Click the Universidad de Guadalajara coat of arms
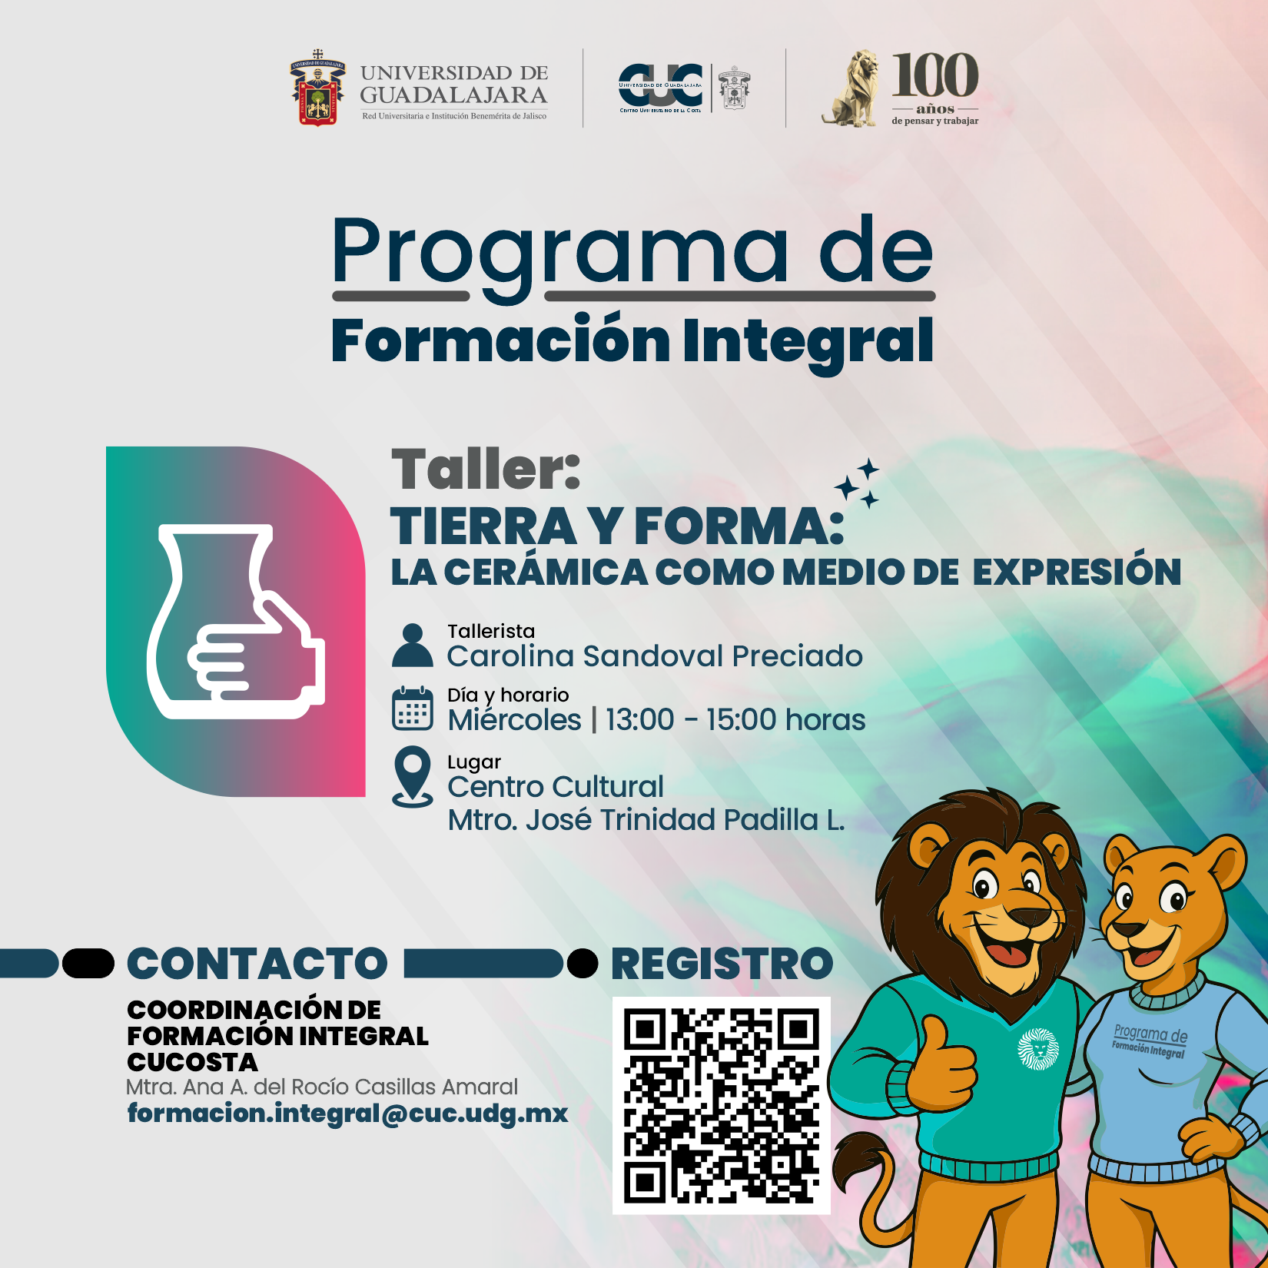pos(317,88)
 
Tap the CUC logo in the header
pos(660,87)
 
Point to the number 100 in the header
pos(935,75)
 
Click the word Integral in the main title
pos(808,343)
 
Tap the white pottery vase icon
pos(236,621)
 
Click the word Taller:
pos(486,469)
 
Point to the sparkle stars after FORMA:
pos(858,483)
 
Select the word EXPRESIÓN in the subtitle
pos(1077,572)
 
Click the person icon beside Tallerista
pos(413,645)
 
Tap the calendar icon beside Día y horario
pos(413,708)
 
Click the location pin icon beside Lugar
pos(413,777)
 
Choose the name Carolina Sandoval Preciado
pos(655,656)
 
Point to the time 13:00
pos(639,720)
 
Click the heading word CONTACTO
pos(257,964)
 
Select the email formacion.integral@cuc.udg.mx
pos(347,1113)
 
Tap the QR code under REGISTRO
pos(722,1106)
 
